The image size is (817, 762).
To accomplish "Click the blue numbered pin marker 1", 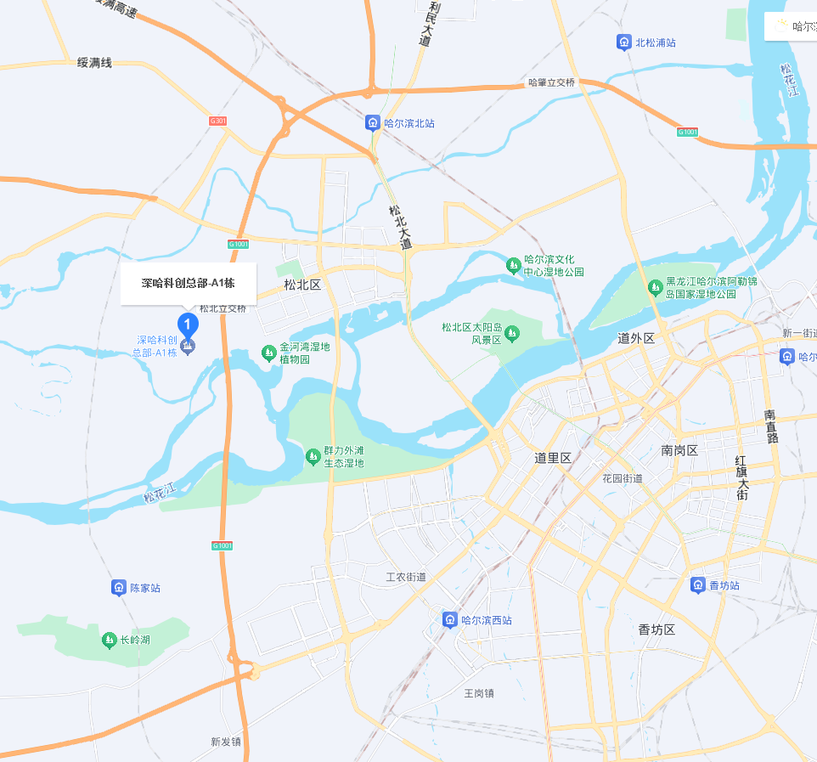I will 187,324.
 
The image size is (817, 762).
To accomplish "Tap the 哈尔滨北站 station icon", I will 372,123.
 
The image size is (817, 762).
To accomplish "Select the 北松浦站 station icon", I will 624,42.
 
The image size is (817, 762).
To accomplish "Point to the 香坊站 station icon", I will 697,585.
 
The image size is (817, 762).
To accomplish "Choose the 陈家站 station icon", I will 118,588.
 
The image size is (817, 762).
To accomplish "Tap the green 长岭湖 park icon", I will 108,640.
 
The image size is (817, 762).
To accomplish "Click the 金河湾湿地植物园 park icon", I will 268,352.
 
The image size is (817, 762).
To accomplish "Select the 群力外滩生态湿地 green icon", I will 313,457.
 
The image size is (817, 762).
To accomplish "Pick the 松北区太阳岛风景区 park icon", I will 511,334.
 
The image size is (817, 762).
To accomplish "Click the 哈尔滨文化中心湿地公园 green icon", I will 513,266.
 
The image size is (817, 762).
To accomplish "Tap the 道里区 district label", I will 553,458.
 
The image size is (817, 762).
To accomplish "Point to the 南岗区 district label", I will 679,450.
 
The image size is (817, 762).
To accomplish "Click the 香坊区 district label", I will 656,629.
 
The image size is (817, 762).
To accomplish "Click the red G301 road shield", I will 218,121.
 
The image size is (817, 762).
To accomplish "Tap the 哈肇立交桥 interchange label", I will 551,82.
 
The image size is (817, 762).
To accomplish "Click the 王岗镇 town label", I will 478,693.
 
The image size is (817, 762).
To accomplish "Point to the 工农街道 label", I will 406,578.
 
